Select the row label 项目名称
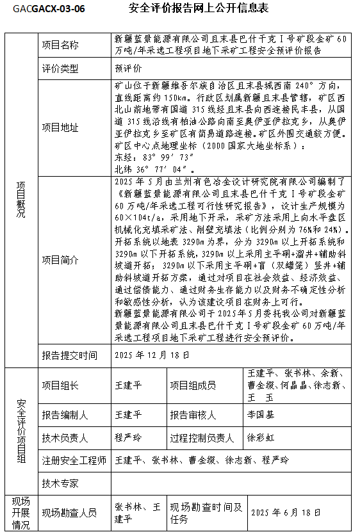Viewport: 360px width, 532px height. click(x=60, y=45)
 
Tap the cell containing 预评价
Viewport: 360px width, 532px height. click(x=128, y=68)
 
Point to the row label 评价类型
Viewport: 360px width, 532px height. click(x=60, y=68)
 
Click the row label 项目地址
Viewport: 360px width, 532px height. click(x=60, y=127)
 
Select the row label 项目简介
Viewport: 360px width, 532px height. click(x=60, y=260)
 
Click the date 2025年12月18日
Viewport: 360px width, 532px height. click(x=152, y=355)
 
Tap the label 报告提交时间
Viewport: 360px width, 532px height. click(x=70, y=355)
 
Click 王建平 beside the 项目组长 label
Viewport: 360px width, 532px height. click(x=127, y=385)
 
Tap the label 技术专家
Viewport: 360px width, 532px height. click(x=60, y=483)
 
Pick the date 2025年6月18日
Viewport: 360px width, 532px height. click(x=285, y=512)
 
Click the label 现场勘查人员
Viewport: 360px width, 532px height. click(x=70, y=512)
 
